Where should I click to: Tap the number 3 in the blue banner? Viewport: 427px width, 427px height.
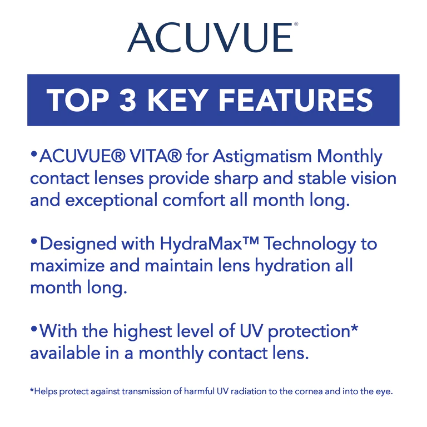pyautogui.click(x=128, y=100)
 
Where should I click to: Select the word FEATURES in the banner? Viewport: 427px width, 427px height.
pyautogui.click(x=295, y=100)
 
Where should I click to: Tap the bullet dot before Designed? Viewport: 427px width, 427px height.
pyautogui.click(x=34, y=241)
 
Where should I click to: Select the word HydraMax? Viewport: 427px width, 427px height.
pyautogui.click(x=201, y=244)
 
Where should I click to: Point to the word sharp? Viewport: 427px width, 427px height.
pyautogui.click(x=236, y=180)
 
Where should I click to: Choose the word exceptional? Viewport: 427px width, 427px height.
pyautogui.click(x=111, y=201)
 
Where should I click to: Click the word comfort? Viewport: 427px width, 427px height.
pyautogui.click(x=194, y=200)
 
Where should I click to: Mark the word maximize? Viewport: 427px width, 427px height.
pyautogui.click(x=67, y=266)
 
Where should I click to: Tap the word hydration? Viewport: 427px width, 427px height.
pyautogui.click(x=292, y=265)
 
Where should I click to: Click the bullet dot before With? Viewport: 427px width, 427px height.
pyautogui.click(x=34, y=329)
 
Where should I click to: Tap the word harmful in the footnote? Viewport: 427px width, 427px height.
pyautogui.click(x=200, y=391)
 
